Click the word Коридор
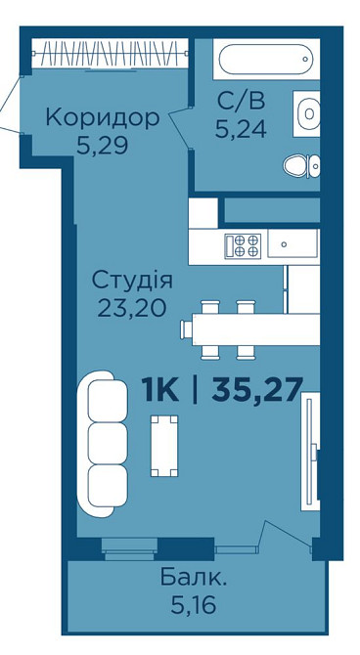click(102, 119)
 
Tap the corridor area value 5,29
click(102, 148)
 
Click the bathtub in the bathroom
click(264, 60)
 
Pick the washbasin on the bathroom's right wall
click(308, 114)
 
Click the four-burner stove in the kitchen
click(242, 243)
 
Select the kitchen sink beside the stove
click(293, 243)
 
